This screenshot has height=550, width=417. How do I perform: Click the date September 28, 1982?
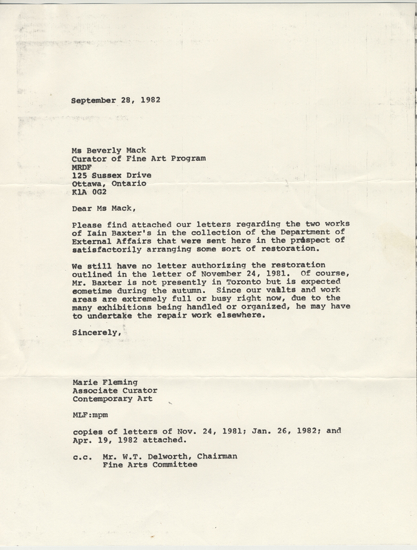(115, 100)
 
